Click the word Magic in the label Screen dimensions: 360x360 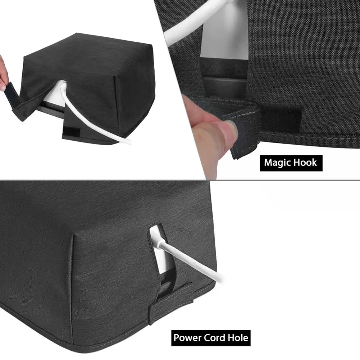point(278,163)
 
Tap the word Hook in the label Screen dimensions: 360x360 point(304,163)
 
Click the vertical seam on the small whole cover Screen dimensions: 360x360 point(116,104)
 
